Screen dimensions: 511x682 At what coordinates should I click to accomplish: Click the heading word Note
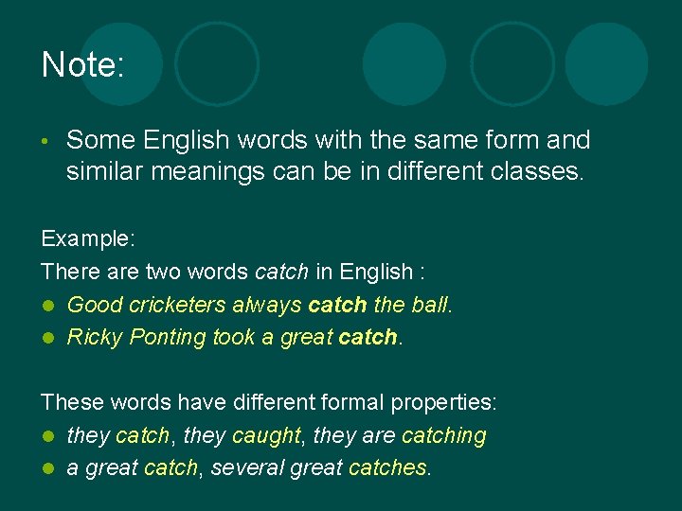(82, 65)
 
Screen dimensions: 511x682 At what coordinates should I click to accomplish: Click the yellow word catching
(443, 435)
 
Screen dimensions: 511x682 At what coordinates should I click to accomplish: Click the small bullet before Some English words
(46, 143)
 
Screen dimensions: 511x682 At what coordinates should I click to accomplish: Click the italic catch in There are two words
(281, 273)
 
